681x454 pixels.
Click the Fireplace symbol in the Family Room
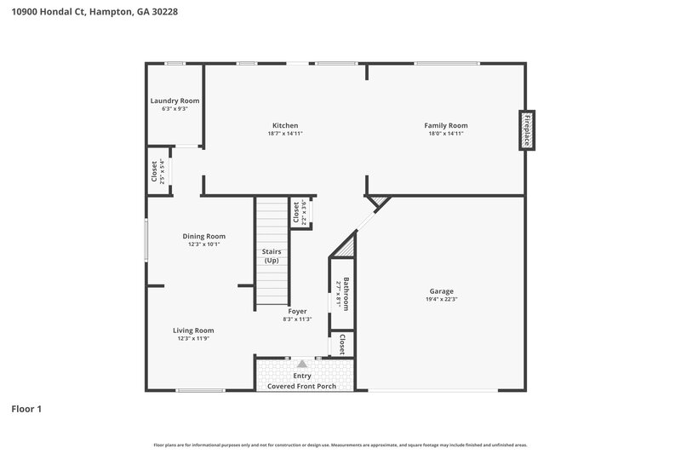coord(528,130)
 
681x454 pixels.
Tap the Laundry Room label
coord(175,101)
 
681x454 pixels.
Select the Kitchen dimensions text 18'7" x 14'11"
coord(285,134)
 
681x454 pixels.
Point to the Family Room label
coord(446,125)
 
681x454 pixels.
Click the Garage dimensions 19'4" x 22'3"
coord(442,299)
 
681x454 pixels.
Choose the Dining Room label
coord(204,236)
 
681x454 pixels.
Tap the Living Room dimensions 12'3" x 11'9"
coord(193,338)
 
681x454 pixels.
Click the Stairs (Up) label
coord(272,256)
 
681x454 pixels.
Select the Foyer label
coord(297,311)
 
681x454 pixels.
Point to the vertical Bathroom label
coord(346,293)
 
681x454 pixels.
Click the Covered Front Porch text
coord(302,386)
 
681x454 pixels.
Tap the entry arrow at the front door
coord(301,364)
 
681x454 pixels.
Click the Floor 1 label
coord(26,409)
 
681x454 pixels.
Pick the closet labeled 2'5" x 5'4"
coord(157,171)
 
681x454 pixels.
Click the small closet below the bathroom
coord(341,344)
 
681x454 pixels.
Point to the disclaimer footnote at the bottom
coord(340,445)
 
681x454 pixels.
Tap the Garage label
coord(442,290)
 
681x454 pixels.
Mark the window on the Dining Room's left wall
coord(146,240)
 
